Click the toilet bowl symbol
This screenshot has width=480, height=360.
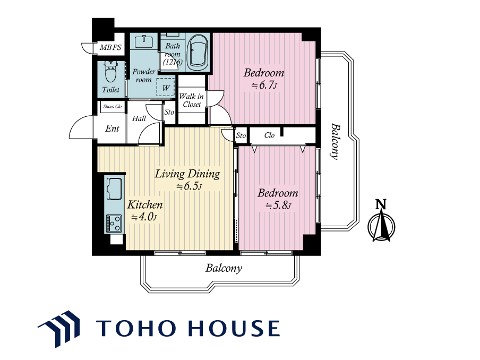coord(111,72)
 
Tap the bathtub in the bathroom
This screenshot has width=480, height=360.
coord(197,53)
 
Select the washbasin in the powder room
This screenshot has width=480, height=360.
coord(144,41)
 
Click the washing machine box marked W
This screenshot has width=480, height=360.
coord(166,88)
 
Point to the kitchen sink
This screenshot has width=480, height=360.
coord(114,189)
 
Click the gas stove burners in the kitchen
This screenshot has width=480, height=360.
coord(114,224)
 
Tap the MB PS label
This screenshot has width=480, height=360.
coord(110,47)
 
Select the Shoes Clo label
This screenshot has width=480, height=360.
coord(113,107)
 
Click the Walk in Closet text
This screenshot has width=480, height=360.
coord(191,100)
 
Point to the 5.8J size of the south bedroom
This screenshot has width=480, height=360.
coord(278,205)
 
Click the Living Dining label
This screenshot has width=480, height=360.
coord(187,174)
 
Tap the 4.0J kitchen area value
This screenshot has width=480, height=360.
coord(144,217)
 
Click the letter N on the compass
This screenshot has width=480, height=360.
coord(381,204)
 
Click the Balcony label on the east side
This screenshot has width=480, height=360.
coord(336,141)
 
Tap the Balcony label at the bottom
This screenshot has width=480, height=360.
coord(224,268)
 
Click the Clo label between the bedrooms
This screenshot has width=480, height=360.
coord(269,135)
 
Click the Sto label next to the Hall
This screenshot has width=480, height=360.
coord(169,112)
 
